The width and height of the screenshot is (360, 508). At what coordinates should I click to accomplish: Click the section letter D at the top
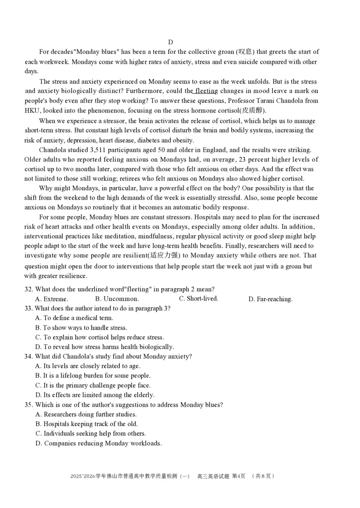point(171,42)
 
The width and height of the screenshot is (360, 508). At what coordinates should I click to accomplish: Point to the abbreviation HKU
point(32,111)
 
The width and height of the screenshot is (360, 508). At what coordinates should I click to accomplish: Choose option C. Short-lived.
point(198,299)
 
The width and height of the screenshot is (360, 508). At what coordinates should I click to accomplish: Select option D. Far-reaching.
point(270,299)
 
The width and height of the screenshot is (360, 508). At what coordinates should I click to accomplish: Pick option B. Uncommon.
point(117,299)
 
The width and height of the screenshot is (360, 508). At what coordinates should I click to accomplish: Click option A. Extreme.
point(52,299)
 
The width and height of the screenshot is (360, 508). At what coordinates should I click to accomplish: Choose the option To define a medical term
point(74,318)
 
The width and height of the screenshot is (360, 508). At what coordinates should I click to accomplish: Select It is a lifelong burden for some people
point(93,376)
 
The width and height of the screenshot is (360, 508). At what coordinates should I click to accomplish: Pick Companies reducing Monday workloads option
point(99,444)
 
